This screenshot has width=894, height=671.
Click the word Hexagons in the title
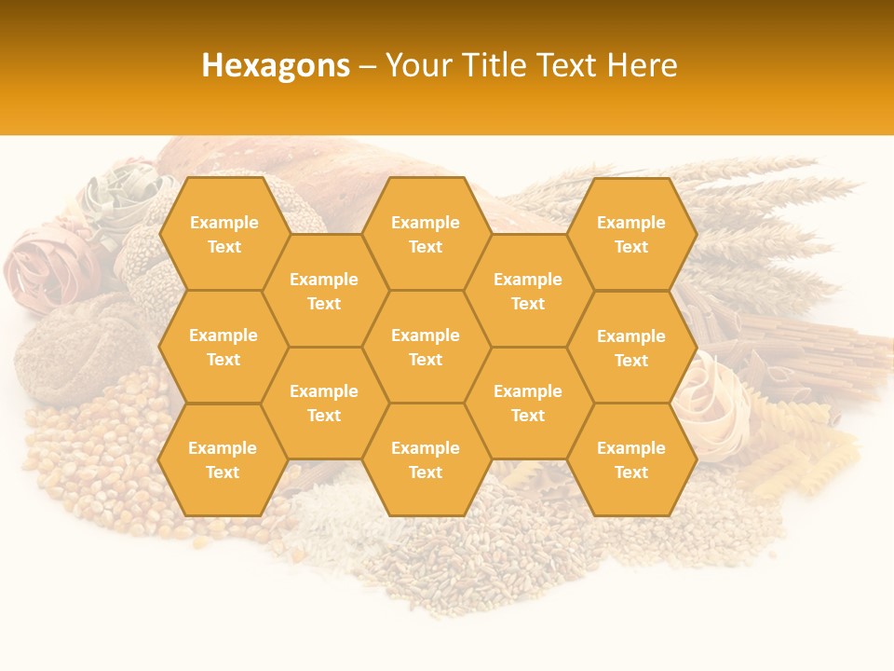[276, 65]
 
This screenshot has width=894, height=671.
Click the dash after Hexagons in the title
[368, 66]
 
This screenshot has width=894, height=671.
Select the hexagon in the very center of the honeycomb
[426, 347]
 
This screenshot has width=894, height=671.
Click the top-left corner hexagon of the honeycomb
[223, 234]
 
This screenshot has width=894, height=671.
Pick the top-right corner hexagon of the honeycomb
[631, 234]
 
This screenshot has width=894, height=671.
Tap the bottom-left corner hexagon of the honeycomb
[223, 459]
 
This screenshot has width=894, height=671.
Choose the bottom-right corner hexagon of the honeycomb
[631, 459]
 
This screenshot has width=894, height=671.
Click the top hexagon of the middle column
[426, 234]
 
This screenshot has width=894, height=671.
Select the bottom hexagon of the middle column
[426, 459]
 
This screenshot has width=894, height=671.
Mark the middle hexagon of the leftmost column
[223, 347]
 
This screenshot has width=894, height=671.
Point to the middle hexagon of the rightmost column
[631, 348]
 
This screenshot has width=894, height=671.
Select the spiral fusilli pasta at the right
[801, 457]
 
